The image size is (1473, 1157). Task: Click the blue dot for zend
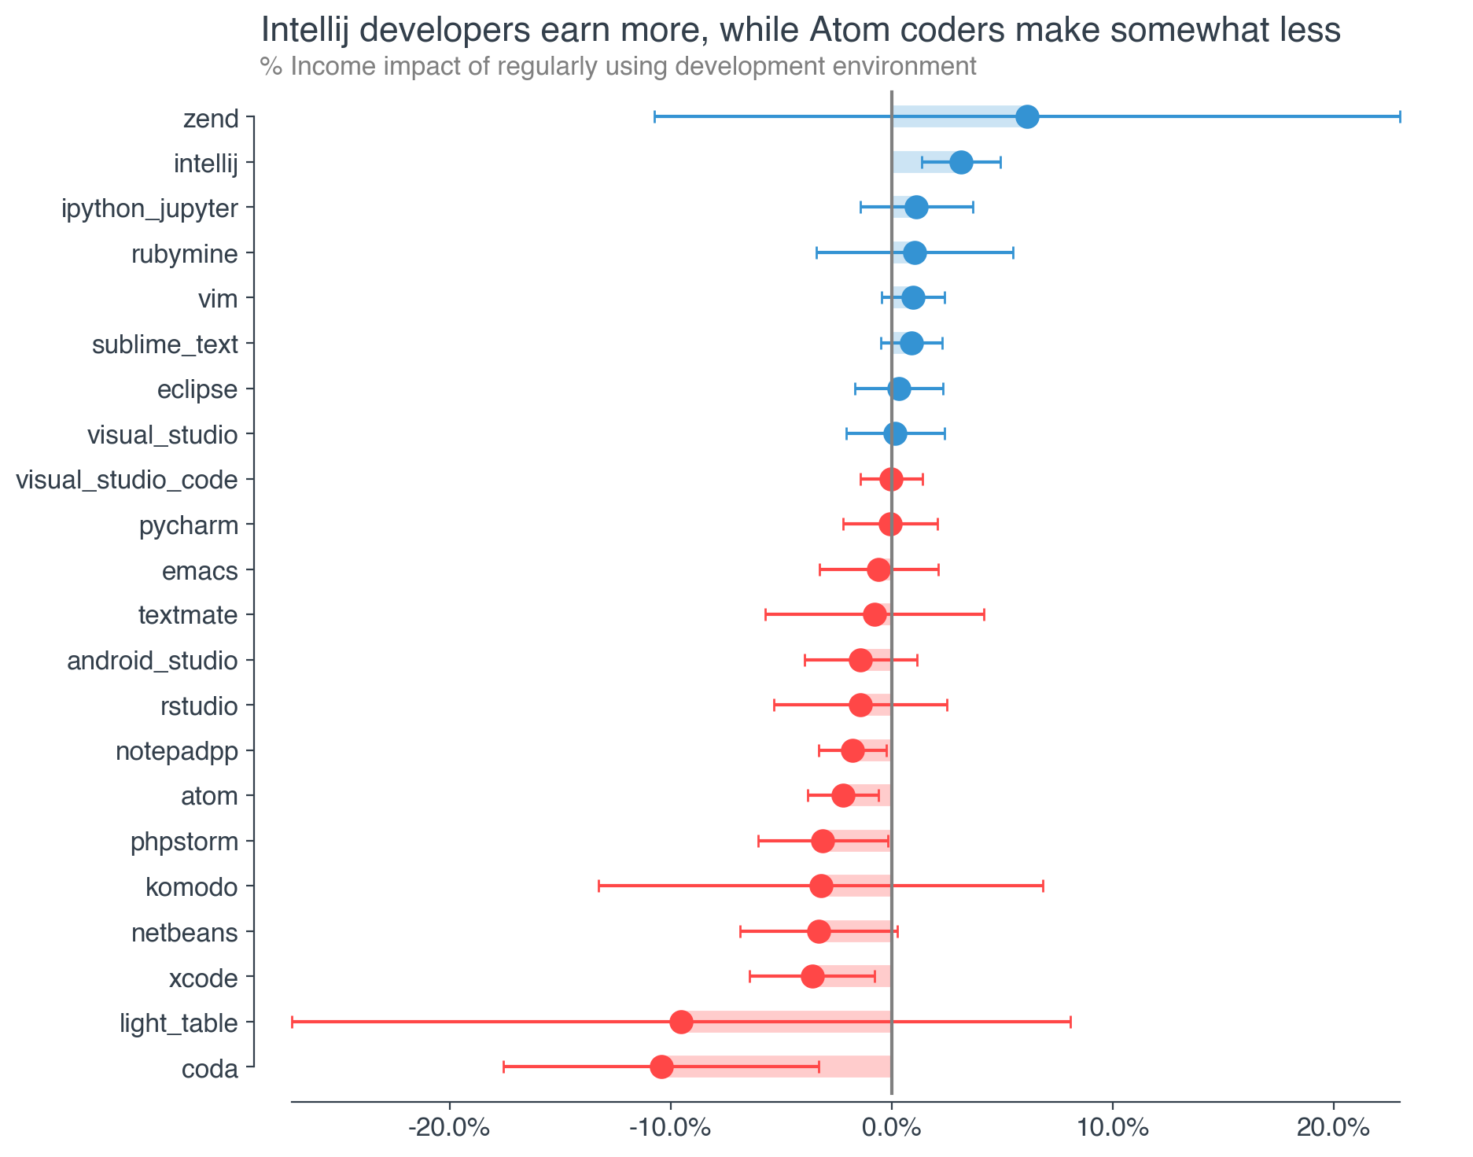(1027, 117)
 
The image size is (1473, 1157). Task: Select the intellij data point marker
(961, 163)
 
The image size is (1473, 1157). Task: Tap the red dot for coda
(661, 1067)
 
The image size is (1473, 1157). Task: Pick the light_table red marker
(681, 1023)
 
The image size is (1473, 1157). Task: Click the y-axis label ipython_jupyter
(149, 209)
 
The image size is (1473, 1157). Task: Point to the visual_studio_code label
(127, 480)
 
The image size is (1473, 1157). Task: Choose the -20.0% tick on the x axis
(450, 1128)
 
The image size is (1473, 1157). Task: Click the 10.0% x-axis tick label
(1111, 1128)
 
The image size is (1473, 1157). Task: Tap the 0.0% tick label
(891, 1128)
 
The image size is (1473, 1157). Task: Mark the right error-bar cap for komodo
(1043, 886)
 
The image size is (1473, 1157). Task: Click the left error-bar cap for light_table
(292, 1023)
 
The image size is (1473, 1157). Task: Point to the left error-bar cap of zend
(654, 117)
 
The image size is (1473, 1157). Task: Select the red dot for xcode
(812, 977)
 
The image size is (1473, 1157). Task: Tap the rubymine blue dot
(915, 253)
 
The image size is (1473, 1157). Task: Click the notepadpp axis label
(176, 751)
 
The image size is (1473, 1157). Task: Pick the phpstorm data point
(823, 842)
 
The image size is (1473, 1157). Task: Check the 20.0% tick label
(1333, 1128)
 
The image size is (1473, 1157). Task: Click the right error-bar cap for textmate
(984, 615)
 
